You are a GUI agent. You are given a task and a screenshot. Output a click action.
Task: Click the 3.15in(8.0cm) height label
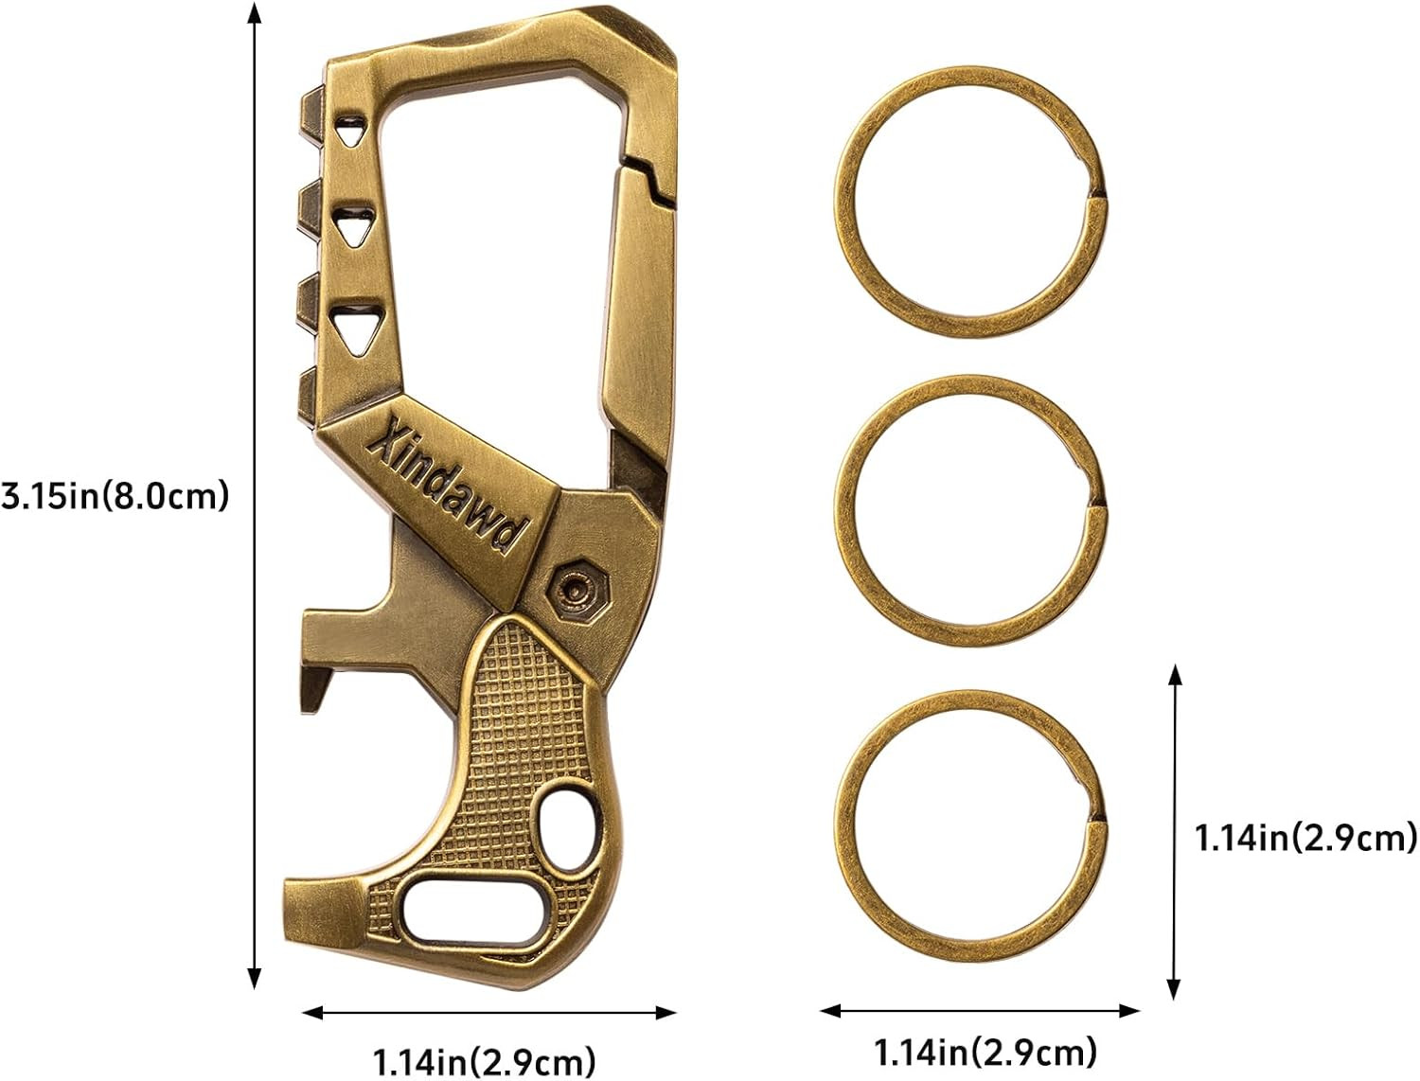[x=115, y=496]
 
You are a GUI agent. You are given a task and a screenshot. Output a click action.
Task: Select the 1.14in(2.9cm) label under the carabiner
[x=485, y=1060]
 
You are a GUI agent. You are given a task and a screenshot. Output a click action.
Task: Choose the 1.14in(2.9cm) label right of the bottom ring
[x=1305, y=838]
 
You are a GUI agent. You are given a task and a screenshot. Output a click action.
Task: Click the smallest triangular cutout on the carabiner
[x=349, y=130]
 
